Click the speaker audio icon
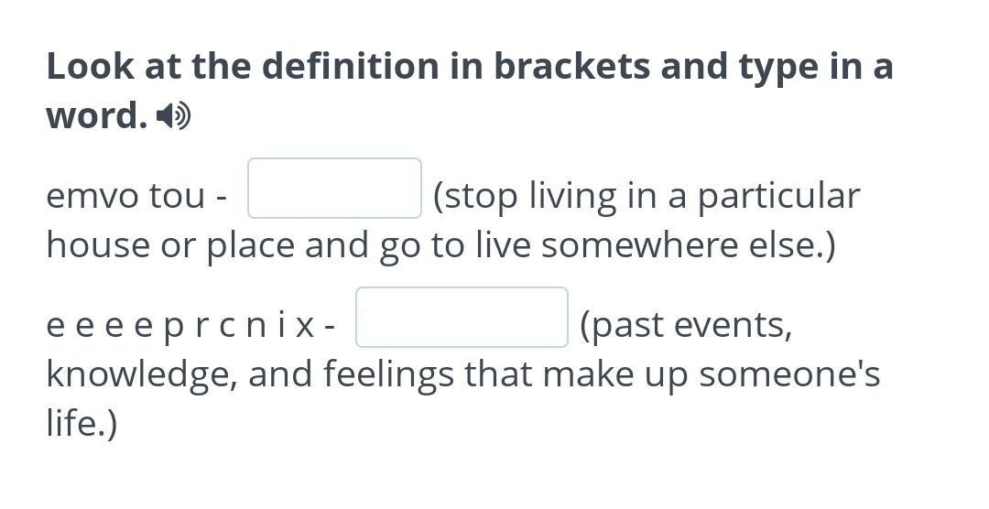[173, 116]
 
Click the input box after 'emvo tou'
[334, 188]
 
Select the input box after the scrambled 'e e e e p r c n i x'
[462, 318]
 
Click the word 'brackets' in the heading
[571, 66]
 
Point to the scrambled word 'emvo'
[92, 196]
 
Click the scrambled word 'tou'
[178, 196]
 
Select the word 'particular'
[778, 197]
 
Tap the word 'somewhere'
[639, 244]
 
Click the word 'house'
[98, 244]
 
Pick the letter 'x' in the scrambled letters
[305, 326]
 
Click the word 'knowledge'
[142, 374]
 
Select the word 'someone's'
[789, 374]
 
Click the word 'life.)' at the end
[82, 423]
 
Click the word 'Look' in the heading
[90, 66]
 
